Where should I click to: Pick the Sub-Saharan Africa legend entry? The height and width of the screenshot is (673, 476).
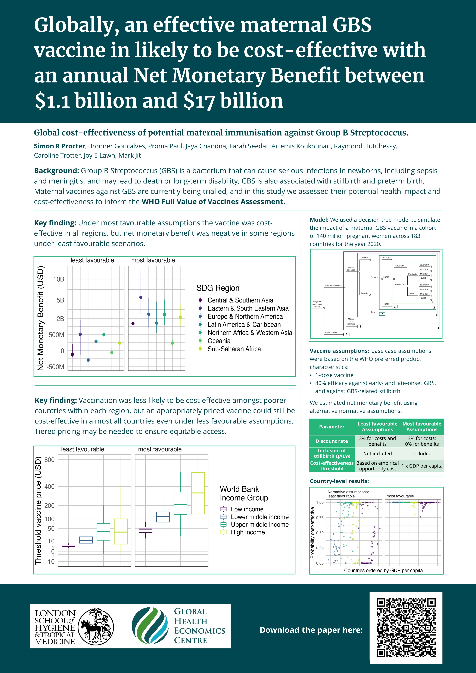pyautogui.click(x=234, y=349)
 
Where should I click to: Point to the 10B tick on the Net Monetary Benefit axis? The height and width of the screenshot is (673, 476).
pyautogui.click(x=59, y=279)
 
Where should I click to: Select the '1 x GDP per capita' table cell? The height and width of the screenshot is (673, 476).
pyautogui.click(x=422, y=466)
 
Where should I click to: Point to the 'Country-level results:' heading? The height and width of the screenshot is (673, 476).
pyautogui.click(x=339, y=481)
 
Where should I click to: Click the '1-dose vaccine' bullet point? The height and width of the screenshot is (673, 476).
pyautogui.click(x=334, y=375)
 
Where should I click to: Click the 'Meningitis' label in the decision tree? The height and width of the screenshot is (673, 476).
pyautogui.click(x=412, y=274)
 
